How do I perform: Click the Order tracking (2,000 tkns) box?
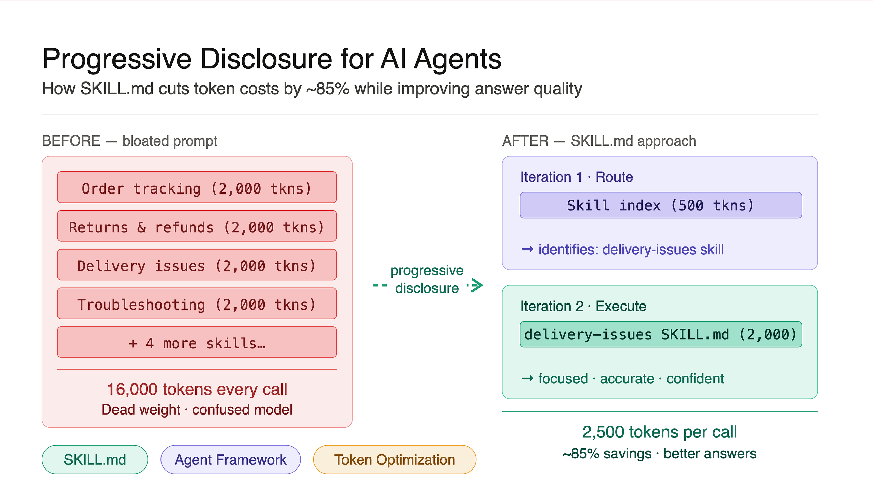pos(197,187)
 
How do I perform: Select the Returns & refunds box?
pos(197,226)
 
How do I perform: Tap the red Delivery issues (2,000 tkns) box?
pos(197,265)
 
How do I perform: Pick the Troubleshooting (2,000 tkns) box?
pos(197,303)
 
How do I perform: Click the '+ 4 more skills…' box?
pos(197,342)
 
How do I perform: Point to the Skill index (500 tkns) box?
pos(661,205)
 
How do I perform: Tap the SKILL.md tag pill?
pos(95,459)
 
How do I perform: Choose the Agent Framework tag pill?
pos(231,459)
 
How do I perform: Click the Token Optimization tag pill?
pos(395,459)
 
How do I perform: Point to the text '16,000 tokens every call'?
pos(197,389)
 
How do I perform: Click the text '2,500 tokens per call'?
pos(659,432)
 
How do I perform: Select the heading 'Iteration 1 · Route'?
pos(577,177)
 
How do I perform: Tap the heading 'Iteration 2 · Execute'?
pos(583,306)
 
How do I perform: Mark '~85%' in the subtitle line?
pos(328,89)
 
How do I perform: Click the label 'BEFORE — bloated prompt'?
pos(130,141)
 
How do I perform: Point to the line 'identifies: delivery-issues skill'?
pos(631,250)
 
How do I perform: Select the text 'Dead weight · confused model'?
pos(197,409)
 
